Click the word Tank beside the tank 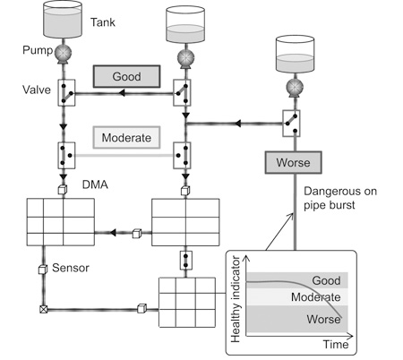103,22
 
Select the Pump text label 38,50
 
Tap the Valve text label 37,90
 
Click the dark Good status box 127,76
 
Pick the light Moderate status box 126,138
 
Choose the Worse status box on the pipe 294,162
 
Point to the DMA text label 95,184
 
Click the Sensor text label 71,268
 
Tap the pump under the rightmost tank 295,88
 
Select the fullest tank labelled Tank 63,20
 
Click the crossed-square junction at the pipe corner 44,309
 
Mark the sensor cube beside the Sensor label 43,270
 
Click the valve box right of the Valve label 66,92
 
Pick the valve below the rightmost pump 291,124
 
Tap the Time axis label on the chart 336,345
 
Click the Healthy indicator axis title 236,299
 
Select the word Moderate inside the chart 316,297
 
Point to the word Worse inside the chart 323,319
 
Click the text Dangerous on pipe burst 340,198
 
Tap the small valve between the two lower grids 186,261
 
